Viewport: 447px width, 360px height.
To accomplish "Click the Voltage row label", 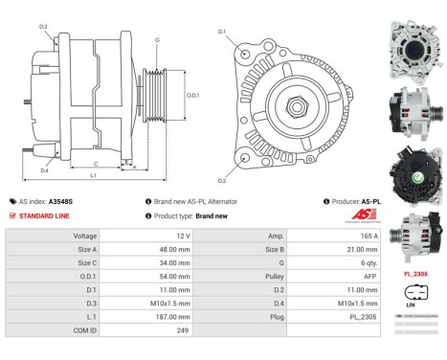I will [x=85, y=236].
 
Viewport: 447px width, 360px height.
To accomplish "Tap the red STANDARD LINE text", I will [x=43, y=216].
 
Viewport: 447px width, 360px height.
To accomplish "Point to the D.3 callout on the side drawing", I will [x=44, y=28].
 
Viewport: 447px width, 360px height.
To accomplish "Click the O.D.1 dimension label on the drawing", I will [x=192, y=95].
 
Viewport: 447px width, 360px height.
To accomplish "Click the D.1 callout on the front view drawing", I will [x=222, y=33].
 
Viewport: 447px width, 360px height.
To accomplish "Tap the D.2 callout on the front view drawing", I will [x=222, y=180].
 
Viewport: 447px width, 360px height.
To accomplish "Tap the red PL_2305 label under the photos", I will [x=415, y=273].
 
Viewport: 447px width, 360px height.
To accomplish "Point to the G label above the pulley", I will [x=155, y=41].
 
